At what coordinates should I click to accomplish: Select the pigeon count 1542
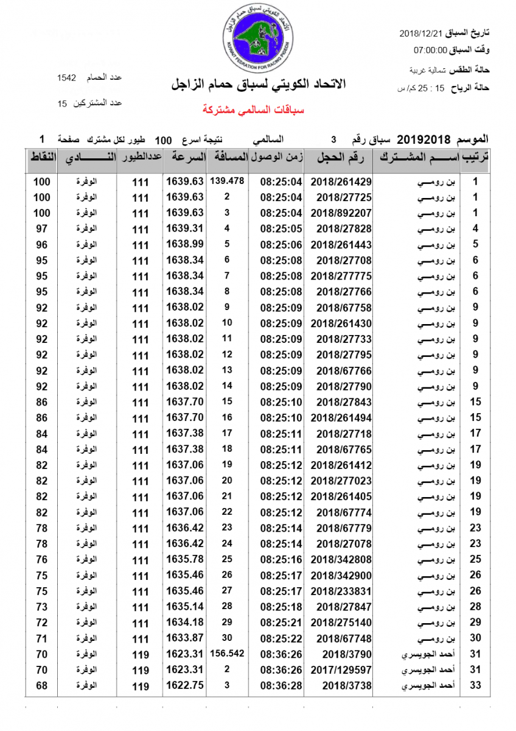66,77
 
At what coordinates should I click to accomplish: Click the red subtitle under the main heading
253,110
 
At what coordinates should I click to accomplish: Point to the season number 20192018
424,140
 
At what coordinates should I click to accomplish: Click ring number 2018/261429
341,182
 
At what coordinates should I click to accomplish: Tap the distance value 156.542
226,653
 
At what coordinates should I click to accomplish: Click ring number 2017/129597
341,670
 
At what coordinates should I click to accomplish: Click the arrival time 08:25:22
281,638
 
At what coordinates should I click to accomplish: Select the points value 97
41,228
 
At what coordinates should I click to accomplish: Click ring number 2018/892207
341,213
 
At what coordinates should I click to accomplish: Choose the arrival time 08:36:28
281,686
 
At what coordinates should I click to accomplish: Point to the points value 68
41,685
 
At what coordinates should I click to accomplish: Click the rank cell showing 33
476,685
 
